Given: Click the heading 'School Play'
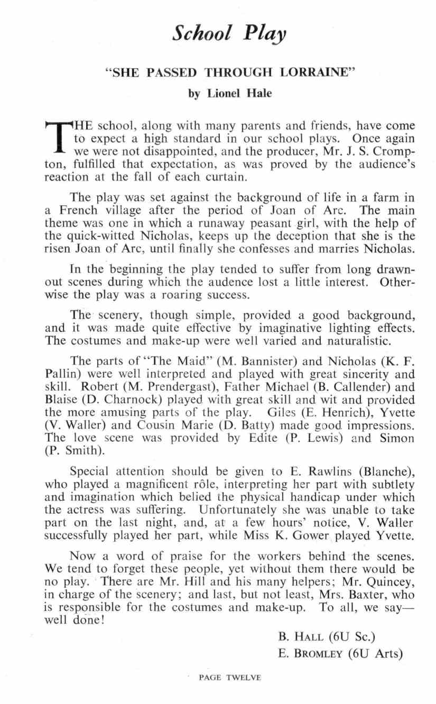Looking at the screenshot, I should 229,33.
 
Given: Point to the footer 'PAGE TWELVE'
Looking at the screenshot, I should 229,678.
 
